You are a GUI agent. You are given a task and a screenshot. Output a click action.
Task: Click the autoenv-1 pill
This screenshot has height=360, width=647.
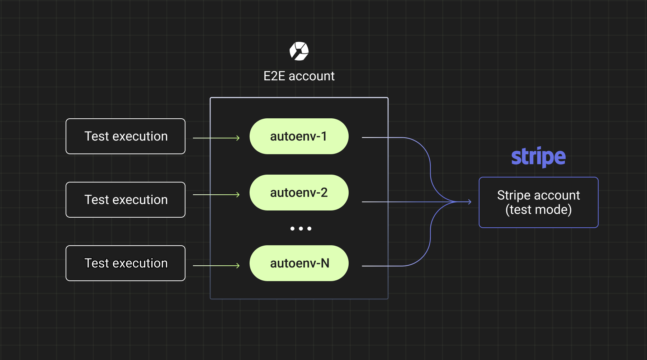click(x=299, y=136)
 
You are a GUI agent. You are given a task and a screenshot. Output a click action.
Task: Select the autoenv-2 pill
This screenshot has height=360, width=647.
click(x=299, y=193)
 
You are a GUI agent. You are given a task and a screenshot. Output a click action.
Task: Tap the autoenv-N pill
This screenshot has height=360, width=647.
click(x=299, y=263)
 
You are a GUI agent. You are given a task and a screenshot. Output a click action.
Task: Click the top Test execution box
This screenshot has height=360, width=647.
click(x=126, y=136)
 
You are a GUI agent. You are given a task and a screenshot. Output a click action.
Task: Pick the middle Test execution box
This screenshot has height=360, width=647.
click(x=126, y=200)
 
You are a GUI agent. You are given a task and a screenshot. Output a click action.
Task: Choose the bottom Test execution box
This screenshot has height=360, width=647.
click(x=126, y=263)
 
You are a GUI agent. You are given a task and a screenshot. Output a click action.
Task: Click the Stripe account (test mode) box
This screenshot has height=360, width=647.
click(x=539, y=202)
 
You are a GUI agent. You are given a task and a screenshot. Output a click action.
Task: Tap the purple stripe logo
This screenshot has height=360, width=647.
click(x=538, y=157)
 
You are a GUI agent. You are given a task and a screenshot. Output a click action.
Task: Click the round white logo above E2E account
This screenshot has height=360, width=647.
click(x=299, y=51)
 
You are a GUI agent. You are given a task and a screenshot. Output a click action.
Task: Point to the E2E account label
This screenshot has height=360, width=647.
click(x=299, y=76)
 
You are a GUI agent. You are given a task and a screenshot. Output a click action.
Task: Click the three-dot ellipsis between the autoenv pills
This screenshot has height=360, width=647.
click(x=301, y=228)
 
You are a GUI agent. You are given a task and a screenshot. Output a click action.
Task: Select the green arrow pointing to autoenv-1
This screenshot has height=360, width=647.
click(x=216, y=138)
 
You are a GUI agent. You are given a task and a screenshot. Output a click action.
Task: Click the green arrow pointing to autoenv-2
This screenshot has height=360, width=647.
click(x=216, y=195)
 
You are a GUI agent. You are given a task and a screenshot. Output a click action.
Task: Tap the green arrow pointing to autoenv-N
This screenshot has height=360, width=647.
click(x=216, y=266)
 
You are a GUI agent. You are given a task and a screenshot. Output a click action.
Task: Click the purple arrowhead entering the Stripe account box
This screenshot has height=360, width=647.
click(x=469, y=202)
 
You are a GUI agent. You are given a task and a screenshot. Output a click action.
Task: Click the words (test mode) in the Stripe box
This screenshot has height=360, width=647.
click(x=539, y=210)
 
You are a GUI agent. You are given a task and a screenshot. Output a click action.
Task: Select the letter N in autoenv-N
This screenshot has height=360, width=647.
click(x=325, y=263)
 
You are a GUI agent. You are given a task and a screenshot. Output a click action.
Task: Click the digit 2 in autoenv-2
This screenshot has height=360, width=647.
click(x=324, y=193)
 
